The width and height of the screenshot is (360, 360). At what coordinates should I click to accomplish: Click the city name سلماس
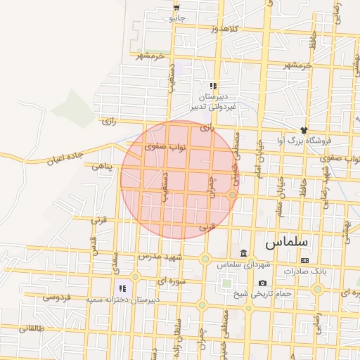pos(287,242)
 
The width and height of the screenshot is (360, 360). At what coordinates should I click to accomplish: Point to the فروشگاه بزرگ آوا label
pos(303,140)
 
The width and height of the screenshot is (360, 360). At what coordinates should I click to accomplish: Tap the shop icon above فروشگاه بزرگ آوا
pos(304,130)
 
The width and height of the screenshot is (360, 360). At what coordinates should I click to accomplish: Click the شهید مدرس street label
pos(161,257)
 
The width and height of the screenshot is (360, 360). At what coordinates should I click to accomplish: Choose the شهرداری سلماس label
pos(243,264)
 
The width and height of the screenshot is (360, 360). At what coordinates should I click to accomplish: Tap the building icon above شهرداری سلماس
pos(243,253)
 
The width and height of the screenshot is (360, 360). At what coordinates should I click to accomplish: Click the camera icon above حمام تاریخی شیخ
pos(262,283)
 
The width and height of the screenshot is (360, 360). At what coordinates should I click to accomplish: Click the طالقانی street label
pos(31,328)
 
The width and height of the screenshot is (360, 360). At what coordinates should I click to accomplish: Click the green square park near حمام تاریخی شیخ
pos(226,285)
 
